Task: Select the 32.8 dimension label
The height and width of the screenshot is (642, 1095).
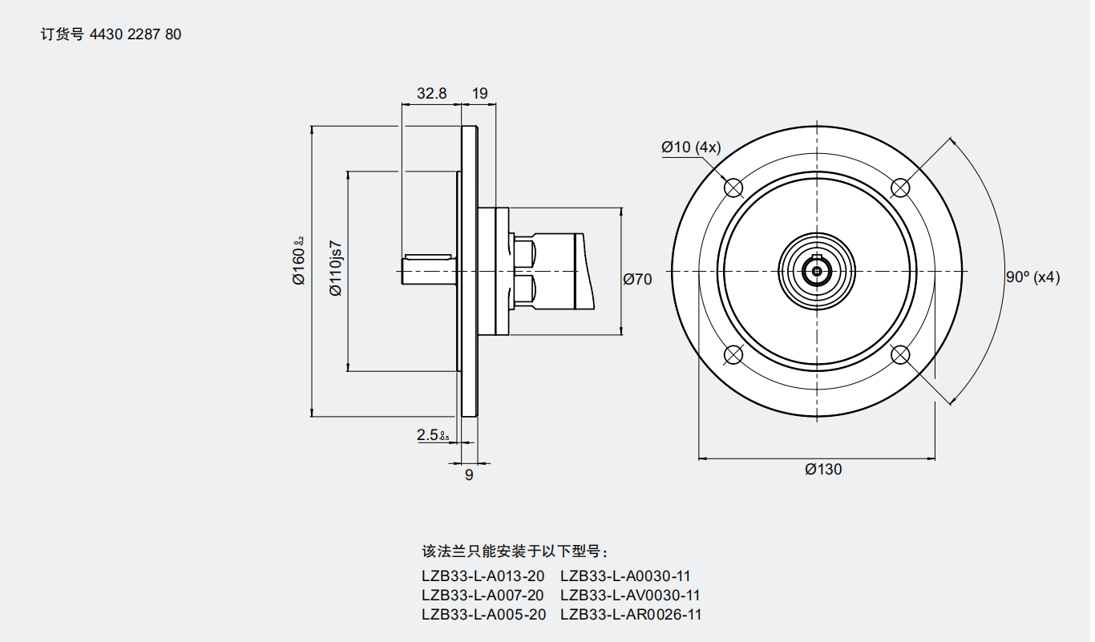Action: [431, 93]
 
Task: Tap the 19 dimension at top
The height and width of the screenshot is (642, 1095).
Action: [479, 93]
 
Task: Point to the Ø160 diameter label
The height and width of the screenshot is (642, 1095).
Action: [299, 260]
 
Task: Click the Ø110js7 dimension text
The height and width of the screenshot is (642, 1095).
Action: [336, 268]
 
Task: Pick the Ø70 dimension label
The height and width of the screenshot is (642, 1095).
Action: [637, 279]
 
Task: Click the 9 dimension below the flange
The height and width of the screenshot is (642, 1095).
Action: [469, 474]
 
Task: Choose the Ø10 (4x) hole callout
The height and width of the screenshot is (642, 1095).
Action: [691, 147]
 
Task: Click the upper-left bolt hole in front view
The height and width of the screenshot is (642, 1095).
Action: [733, 188]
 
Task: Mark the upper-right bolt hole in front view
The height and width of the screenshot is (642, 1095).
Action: [900, 188]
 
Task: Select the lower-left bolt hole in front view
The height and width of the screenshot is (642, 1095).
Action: [733, 355]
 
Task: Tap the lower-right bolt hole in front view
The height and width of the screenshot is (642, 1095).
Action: [900, 355]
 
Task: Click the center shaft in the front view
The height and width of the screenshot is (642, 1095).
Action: [817, 271]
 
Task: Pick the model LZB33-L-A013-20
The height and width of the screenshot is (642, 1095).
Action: [483, 575]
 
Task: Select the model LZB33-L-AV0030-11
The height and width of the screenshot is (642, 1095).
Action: [630, 595]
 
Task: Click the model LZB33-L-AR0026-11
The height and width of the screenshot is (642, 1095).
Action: [631, 614]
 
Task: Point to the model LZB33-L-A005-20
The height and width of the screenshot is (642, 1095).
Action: [483, 614]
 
